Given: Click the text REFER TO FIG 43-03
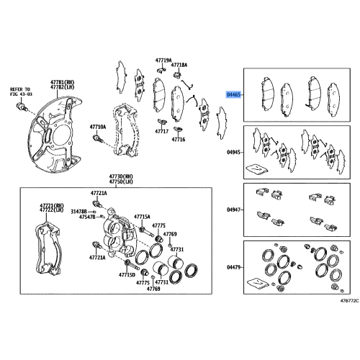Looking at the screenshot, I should (x=22, y=90).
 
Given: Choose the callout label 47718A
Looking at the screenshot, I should (x=180, y=65).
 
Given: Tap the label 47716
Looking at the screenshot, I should (x=178, y=139).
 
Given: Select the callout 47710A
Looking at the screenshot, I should (x=98, y=126).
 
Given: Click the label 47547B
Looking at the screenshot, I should (x=88, y=217).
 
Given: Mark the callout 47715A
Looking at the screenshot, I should (x=141, y=216).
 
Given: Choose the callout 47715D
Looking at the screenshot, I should (x=126, y=274).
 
